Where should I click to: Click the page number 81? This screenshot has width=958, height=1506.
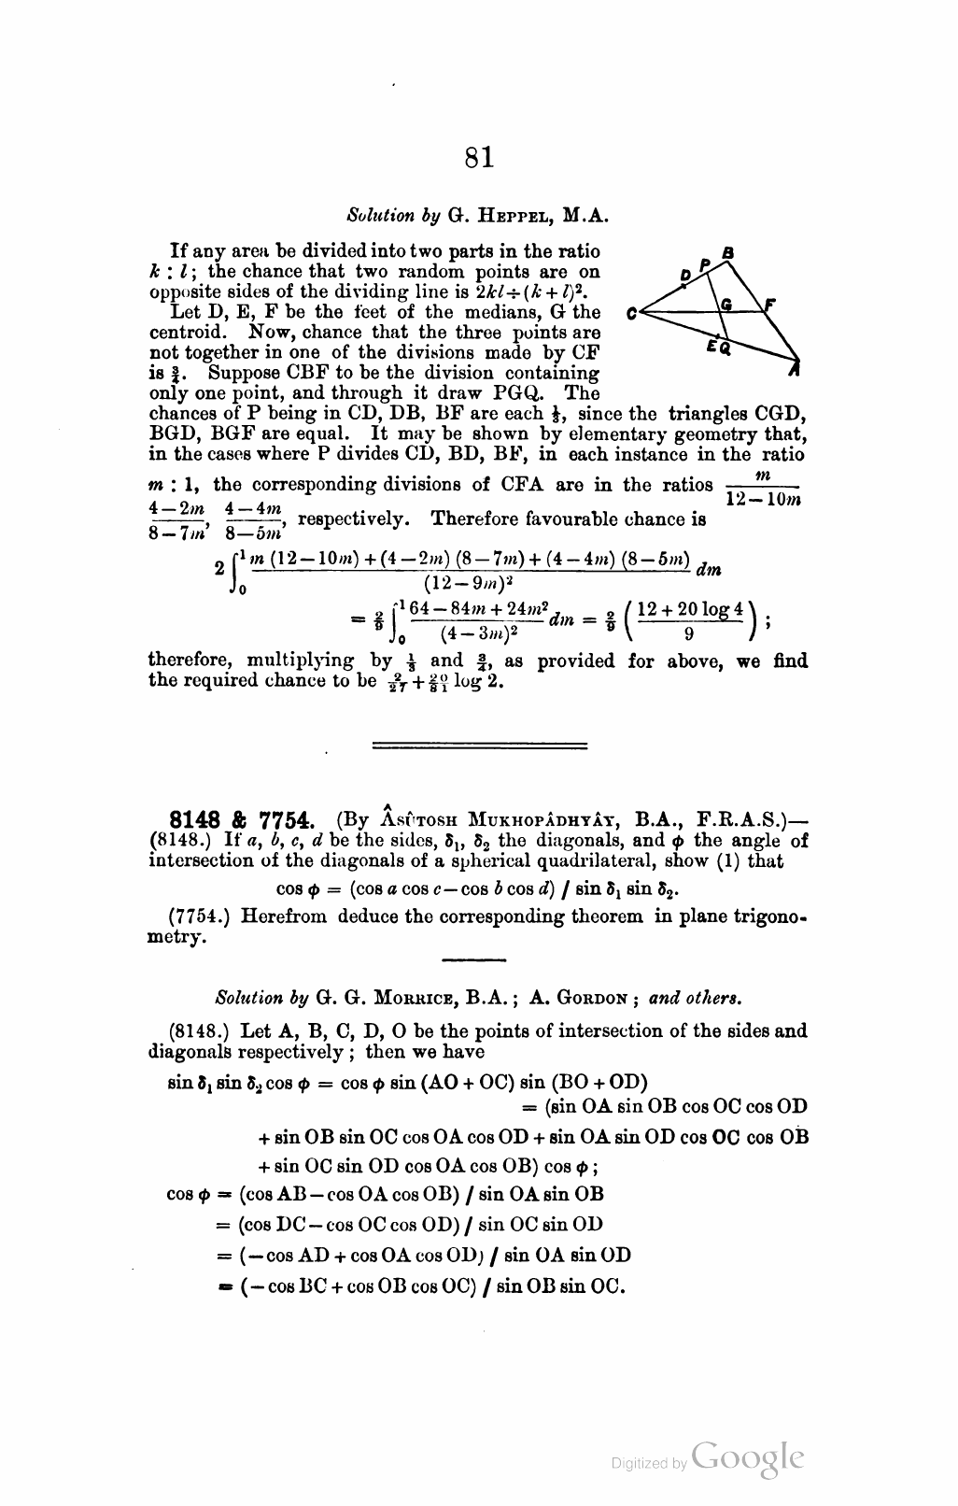coord(478,158)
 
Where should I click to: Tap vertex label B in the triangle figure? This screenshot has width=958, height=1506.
coord(729,252)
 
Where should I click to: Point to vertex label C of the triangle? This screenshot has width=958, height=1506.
coord(633,314)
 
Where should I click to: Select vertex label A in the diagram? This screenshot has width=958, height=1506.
coord(795,371)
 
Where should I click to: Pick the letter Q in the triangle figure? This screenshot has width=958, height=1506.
coord(726,349)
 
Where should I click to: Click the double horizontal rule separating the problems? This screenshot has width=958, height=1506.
coord(479,745)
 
